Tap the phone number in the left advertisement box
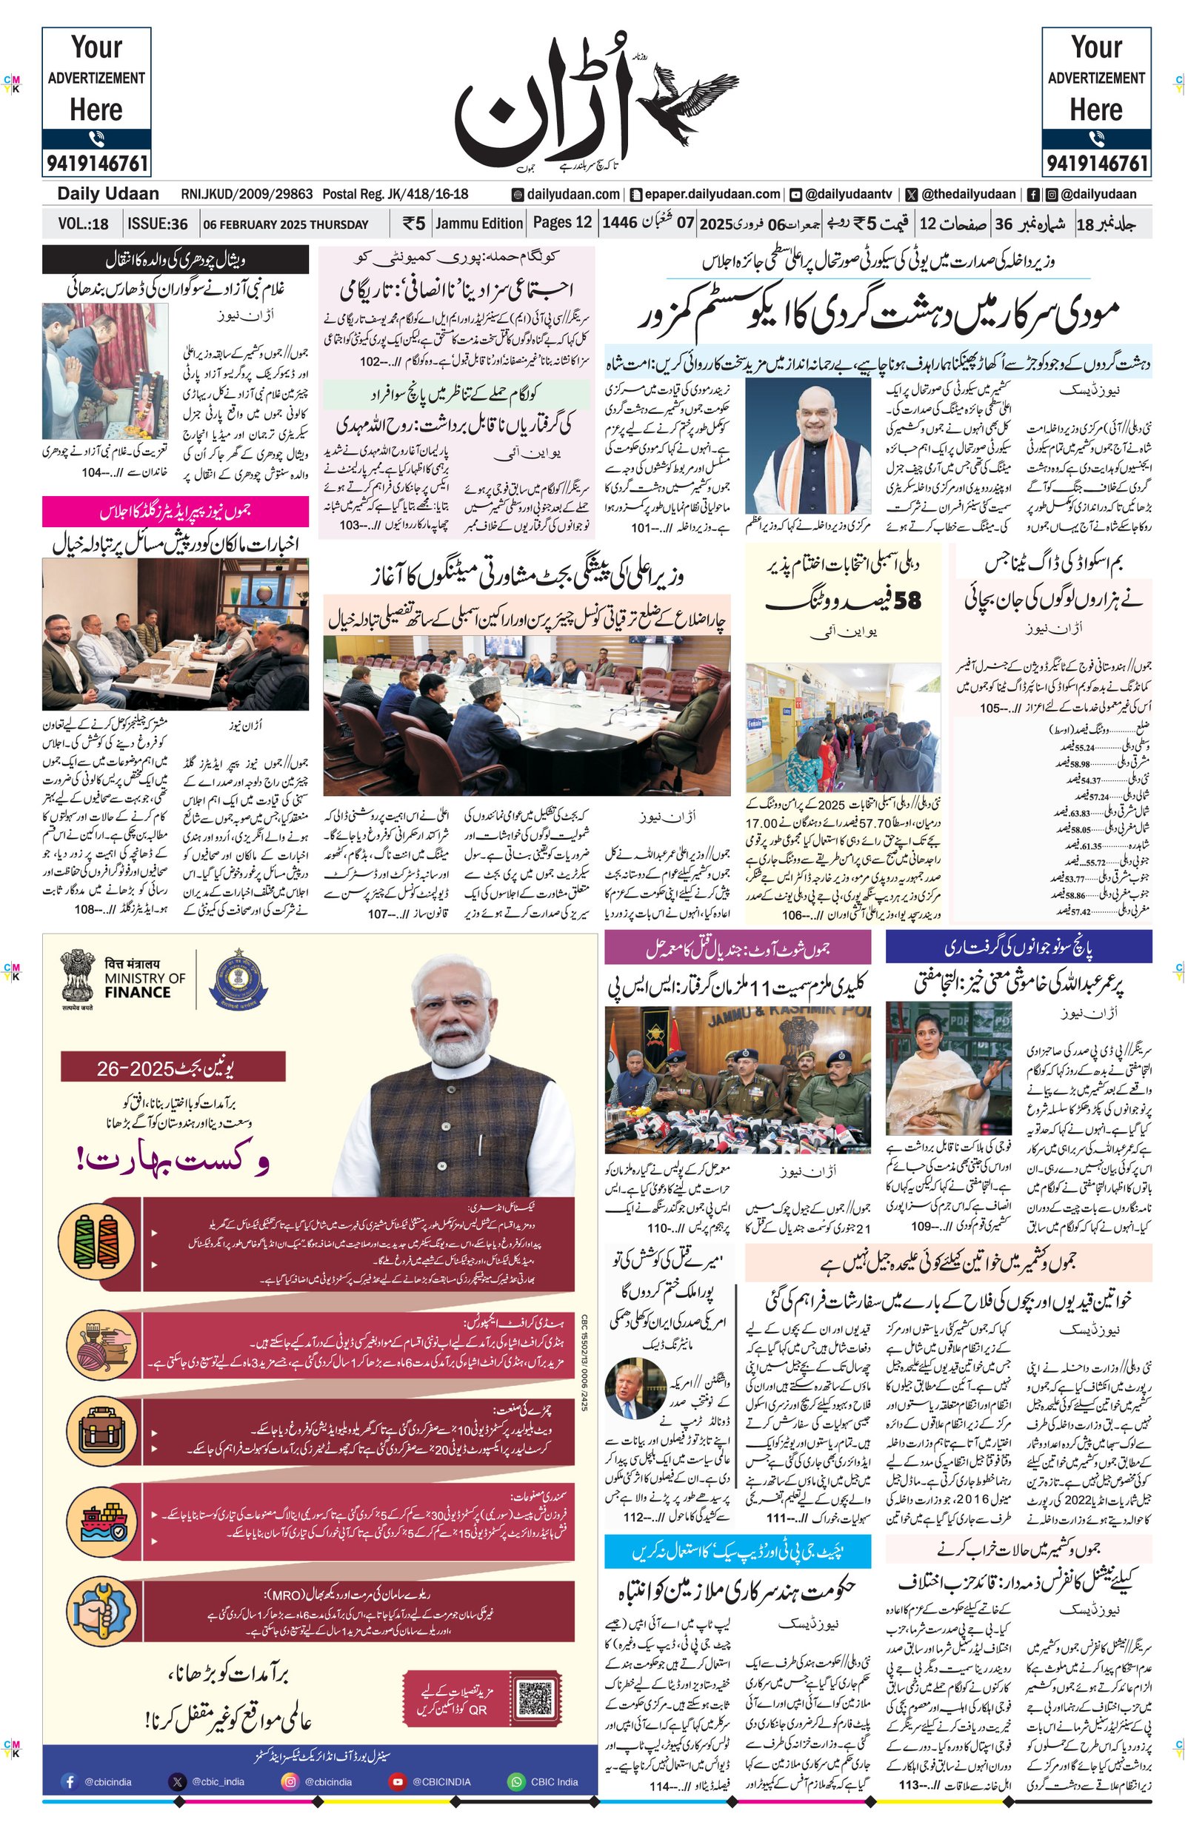pos(96,164)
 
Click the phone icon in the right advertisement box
pos(1096,138)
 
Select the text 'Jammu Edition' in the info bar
pos(478,223)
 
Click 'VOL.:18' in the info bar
pos(83,224)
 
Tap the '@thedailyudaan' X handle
pos(968,195)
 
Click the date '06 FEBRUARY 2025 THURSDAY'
pos(285,224)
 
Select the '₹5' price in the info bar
pos(413,223)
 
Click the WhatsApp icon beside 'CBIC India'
pos(515,1781)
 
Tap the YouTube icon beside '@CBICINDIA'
pos(397,1781)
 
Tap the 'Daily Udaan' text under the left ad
pos(108,194)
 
